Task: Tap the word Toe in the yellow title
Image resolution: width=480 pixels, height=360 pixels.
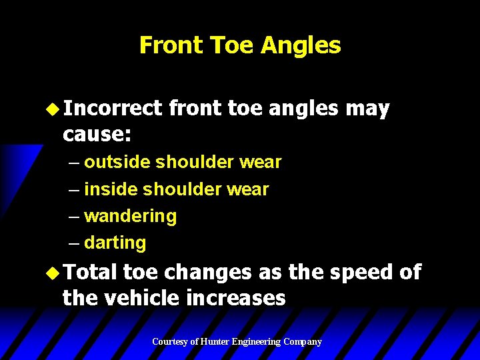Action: pos(231,45)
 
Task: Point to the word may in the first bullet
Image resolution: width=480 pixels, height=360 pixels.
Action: pos(367,109)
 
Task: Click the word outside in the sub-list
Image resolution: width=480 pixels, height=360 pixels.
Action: pos(117,162)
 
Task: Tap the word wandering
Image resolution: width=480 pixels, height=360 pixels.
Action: pos(131,217)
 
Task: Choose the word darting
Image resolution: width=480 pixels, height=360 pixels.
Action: pos(115,243)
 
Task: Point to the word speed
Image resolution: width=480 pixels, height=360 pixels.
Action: pos(355,272)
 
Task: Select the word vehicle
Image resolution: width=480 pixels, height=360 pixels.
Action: pos(141,298)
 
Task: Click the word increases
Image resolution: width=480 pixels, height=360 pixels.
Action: pos(236,298)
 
